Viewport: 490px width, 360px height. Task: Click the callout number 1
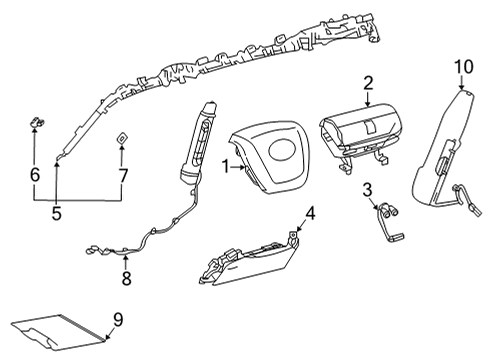pos(226,167)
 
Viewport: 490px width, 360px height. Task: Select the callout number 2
pos(368,83)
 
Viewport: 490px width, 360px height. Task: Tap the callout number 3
pos(367,190)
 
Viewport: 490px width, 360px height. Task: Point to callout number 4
pos(310,214)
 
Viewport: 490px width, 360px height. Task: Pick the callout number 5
pos(57,213)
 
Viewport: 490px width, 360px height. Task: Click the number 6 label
pos(35,175)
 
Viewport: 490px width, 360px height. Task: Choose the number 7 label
pos(123,176)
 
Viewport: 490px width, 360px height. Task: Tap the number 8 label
pos(126,279)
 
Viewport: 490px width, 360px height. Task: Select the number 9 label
pos(118,320)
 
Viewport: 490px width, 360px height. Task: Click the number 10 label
pos(463,67)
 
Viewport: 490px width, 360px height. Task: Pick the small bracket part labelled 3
pos(389,223)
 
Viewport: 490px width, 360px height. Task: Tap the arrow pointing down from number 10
pos(461,82)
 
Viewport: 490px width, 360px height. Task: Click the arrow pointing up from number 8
pos(125,263)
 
